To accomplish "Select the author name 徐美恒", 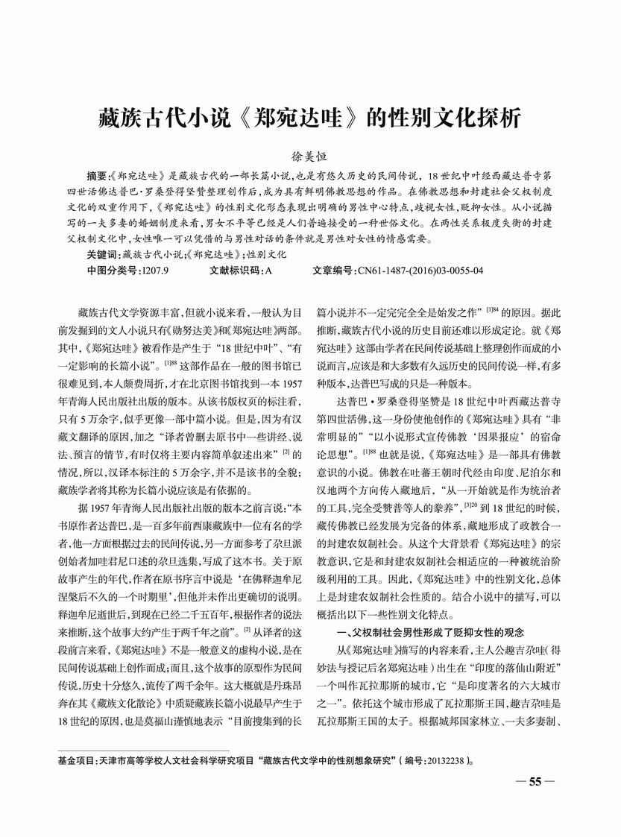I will pos(310,158).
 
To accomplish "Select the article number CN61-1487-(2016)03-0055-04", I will pos(420,271).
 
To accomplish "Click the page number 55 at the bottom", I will pos(535,782).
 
